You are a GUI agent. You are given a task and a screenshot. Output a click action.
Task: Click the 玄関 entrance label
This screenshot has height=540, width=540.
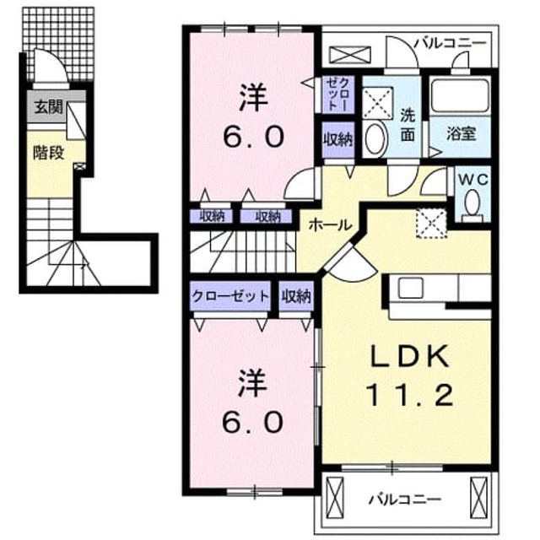48,107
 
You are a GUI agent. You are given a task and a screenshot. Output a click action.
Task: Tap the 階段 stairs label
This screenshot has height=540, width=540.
49,153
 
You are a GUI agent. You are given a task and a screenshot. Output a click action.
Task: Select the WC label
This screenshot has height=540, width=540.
472,180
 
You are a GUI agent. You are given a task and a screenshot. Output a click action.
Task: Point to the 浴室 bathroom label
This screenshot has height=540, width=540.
462,133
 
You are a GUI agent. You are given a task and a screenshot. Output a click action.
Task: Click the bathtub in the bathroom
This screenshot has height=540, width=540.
461,96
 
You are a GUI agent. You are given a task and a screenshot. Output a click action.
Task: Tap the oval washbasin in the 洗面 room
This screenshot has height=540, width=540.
376,138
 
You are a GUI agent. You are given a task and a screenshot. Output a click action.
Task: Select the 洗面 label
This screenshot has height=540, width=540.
408,125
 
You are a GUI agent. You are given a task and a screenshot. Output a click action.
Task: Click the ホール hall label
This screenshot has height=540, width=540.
330,225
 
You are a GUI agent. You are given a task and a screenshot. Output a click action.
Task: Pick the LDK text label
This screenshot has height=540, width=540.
409,356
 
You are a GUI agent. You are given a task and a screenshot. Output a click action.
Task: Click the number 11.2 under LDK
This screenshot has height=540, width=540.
408,395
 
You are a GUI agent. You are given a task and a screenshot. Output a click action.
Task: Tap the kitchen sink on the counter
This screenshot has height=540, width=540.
411,288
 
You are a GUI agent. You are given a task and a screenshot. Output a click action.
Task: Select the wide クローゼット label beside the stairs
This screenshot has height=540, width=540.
230,296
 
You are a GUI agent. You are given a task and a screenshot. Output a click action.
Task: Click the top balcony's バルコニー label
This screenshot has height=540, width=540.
450,43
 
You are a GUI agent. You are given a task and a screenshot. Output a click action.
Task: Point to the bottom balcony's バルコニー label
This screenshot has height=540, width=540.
405,499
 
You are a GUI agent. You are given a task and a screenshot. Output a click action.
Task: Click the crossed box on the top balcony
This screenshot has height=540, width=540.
350,55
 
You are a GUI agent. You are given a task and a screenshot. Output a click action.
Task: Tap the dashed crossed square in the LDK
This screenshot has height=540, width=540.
431,223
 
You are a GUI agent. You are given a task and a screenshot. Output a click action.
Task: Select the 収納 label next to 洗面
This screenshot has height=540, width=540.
338,140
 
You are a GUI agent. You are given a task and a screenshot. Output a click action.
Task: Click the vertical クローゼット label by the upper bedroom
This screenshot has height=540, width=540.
338,94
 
